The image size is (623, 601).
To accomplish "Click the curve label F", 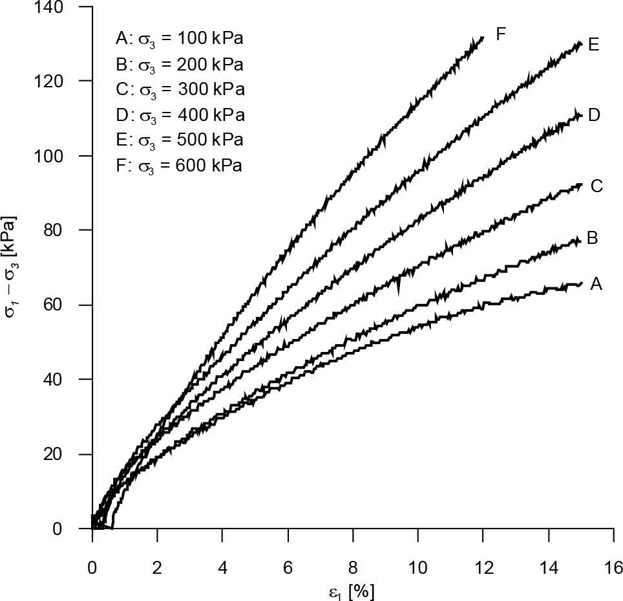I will [500, 34].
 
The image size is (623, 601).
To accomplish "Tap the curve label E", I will [594, 45].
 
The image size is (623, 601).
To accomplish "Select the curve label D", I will [595, 115].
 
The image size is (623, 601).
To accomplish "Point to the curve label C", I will [596, 186].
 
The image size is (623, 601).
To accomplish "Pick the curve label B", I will [592, 237].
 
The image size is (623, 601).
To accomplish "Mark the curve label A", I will [596, 283].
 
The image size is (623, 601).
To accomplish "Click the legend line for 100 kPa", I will [179, 39].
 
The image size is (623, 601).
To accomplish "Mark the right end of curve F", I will [483, 38].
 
